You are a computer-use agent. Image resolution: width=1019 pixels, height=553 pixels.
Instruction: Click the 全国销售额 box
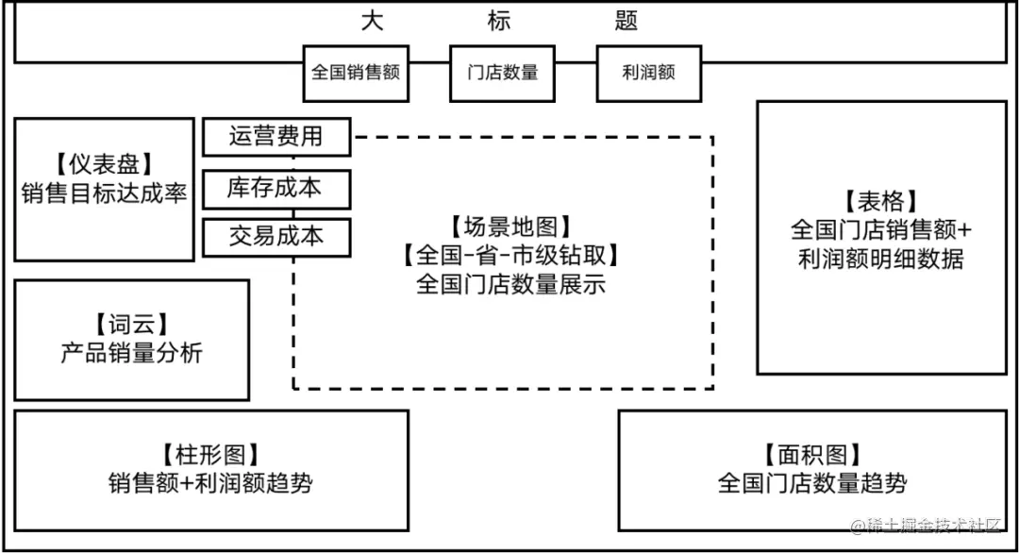tap(357, 73)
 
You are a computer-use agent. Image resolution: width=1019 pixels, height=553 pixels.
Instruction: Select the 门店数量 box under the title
tap(503, 73)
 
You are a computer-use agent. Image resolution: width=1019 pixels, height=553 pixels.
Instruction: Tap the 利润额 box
tap(649, 73)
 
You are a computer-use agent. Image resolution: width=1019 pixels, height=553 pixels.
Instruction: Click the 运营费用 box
tap(276, 137)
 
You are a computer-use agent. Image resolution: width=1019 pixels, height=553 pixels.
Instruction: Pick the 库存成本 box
tap(276, 188)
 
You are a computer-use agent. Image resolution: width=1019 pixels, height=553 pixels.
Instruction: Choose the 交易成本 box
tap(276, 237)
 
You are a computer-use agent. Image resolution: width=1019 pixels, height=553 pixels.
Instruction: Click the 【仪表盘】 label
tap(104, 165)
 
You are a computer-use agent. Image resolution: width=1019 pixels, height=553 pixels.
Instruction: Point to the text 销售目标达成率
tap(104, 193)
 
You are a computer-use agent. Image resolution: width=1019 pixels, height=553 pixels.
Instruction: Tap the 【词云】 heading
tap(131, 325)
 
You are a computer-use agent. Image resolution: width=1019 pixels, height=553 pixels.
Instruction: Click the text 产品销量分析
tap(131, 353)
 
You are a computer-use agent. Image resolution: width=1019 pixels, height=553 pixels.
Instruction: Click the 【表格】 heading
tap(880, 201)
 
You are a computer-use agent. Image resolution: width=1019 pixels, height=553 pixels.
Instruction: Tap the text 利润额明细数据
tap(880, 259)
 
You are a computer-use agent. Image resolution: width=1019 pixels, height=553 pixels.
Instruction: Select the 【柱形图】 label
tap(211, 455)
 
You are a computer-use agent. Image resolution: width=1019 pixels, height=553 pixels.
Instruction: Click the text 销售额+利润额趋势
tap(211, 484)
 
